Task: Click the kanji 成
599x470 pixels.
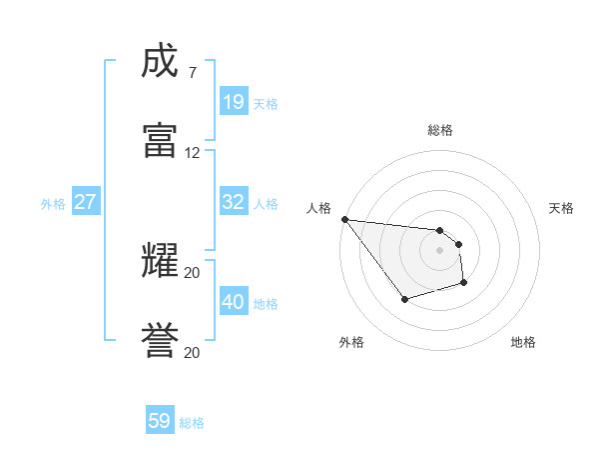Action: [161, 61]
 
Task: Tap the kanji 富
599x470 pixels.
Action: [161, 140]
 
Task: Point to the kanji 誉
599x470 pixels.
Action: [161, 340]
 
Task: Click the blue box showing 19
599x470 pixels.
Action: [234, 101]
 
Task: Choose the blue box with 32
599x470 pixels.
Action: [234, 202]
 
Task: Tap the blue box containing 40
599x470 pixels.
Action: [234, 302]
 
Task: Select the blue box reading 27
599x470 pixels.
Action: [86, 202]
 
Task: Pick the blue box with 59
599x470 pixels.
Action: [160, 421]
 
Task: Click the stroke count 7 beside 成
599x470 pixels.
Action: [192, 73]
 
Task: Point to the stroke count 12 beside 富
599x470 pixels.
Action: [192, 153]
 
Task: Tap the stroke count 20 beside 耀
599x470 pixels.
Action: [192, 272]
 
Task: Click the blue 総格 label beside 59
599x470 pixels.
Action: [192, 423]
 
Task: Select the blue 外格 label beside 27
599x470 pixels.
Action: [53, 203]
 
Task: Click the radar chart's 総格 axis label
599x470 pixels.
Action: [439, 130]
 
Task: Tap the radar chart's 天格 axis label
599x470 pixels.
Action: [561, 208]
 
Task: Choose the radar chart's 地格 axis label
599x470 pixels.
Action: [523, 342]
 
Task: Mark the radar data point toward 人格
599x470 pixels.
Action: [344, 219]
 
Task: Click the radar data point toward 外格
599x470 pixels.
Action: [404, 299]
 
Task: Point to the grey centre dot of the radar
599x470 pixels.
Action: [439, 250]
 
